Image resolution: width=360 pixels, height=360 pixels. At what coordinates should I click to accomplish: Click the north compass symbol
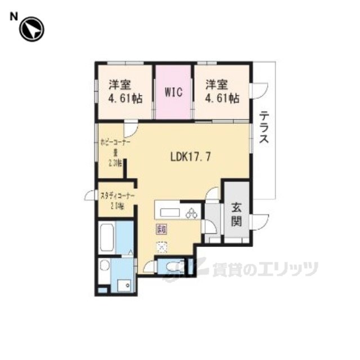tap(31, 29)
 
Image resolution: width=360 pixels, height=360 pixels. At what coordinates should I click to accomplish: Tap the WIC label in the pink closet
tap(173, 92)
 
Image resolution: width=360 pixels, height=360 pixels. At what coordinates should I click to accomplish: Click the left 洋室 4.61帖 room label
tap(125, 91)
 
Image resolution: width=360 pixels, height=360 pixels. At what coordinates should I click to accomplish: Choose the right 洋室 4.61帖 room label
tap(222, 91)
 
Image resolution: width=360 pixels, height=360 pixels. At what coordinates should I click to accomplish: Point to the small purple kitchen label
tap(161, 229)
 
